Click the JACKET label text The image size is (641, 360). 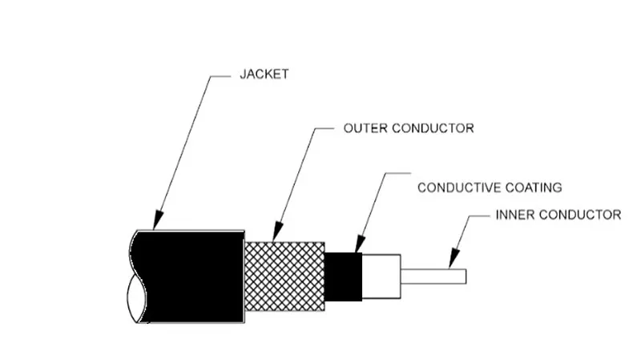point(264,74)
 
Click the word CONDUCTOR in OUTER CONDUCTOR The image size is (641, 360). point(433,128)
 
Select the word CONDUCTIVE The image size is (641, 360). point(459,188)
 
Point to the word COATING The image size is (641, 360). point(534,188)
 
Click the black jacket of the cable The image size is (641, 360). point(192,277)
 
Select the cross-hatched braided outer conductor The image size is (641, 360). point(285,276)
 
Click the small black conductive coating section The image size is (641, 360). point(344,277)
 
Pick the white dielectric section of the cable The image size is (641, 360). point(381,277)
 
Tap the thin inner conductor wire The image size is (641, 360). point(433,276)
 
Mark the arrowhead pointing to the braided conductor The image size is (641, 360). point(277,231)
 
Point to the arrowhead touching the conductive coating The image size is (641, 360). point(359,244)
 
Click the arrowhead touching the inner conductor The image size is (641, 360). point(454,258)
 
